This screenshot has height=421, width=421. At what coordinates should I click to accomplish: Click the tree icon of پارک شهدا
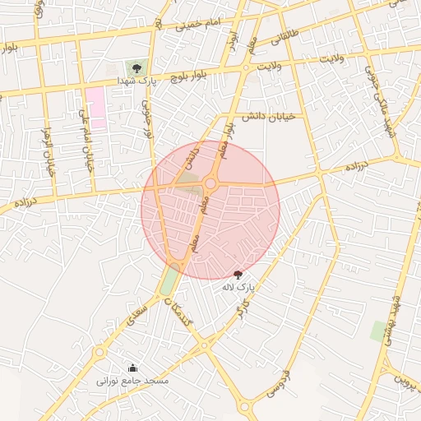point(136,68)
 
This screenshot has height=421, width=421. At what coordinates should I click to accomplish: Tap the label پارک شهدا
point(136,81)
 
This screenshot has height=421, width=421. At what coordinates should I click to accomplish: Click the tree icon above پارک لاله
point(238,275)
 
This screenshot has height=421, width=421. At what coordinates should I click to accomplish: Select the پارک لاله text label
point(239,288)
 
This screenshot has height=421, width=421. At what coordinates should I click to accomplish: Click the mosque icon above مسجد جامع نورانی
point(133,368)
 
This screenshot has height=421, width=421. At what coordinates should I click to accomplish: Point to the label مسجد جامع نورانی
point(132,381)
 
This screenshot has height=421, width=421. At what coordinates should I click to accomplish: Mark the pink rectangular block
point(96,107)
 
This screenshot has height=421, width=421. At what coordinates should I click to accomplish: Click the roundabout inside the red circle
point(210,183)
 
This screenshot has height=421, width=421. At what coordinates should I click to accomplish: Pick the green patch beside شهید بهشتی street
point(379,331)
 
